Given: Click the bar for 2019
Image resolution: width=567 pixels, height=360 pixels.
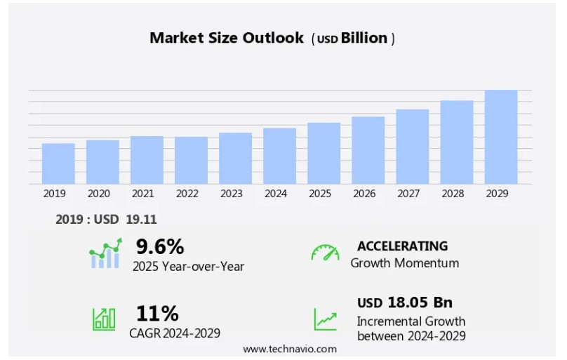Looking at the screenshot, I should [58, 164].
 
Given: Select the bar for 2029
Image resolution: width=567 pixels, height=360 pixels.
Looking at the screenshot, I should [501, 138].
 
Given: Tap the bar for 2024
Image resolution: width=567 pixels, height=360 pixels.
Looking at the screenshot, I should [279, 156].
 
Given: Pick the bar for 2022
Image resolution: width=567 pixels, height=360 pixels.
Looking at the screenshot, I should [191, 161].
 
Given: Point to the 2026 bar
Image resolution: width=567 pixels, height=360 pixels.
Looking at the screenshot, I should [368, 150].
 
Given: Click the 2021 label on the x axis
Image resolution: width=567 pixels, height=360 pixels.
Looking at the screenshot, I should [143, 194].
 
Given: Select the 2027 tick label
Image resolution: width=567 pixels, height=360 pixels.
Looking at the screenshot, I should [413, 194].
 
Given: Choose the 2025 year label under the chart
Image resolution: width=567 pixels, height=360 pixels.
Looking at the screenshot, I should [320, 194].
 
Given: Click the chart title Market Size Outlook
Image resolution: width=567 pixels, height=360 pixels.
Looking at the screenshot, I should [227, 38].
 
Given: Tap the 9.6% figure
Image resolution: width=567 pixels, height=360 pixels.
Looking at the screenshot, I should [160, 246].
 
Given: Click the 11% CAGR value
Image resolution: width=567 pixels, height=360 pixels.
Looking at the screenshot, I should [157, 313].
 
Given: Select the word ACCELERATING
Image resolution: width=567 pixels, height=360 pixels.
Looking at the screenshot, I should [402, 246].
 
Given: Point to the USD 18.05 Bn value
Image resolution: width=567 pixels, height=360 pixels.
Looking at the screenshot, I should [405, 302].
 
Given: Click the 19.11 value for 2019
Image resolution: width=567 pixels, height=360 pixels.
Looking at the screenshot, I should [141, 220].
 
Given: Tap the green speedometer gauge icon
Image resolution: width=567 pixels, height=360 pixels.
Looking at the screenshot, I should [325, 253].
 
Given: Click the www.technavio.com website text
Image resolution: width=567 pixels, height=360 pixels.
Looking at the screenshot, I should [290, 349].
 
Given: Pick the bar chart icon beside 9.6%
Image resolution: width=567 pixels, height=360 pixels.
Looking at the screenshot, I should [105, 253].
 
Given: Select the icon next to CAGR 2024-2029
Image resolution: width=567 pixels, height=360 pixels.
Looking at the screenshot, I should [104, 319].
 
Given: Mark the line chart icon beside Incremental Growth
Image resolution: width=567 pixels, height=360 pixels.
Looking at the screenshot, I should [325, 319].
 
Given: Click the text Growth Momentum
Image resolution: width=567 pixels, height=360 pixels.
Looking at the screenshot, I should [405, 263].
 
